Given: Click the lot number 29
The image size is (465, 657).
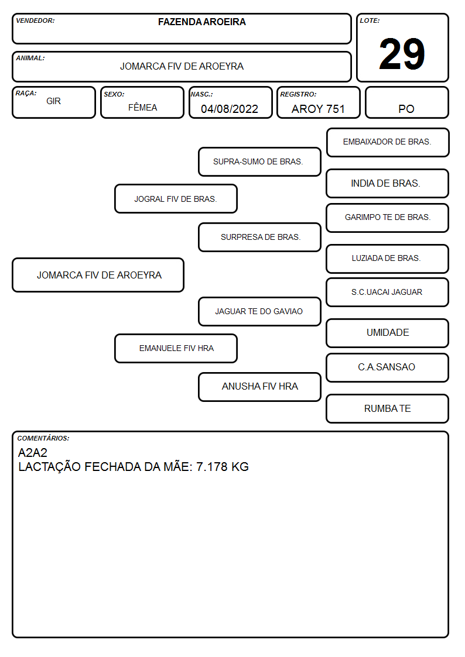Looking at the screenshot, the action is click(x=402, y=54).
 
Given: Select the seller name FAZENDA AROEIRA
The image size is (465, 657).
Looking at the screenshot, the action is click(x=201, y=22).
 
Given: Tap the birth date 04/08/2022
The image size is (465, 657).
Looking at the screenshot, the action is click(x=230, y=109).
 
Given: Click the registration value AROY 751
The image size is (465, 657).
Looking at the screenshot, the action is click(x=318, y=109).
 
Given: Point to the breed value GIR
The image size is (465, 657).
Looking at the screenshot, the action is click(x=54, y=101).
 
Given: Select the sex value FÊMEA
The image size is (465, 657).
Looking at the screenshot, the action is click(x=142, y=107).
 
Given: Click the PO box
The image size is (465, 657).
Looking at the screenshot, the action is click(x=406, y=102).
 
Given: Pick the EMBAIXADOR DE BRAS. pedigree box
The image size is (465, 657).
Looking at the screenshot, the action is click(x=388, y=143).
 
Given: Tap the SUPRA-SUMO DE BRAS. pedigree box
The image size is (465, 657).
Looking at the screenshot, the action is click(x=259, y=161).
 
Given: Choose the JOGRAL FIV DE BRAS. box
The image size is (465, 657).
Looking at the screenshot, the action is click(x=176, y=198).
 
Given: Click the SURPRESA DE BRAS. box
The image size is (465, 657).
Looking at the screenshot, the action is click(x=259, y=237).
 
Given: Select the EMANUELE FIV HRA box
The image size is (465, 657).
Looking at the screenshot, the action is click(x=176, y=348).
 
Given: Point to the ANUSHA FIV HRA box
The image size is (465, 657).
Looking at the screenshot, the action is click(x=259, y=387).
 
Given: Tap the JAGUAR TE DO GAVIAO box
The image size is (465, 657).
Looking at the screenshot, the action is click(x=259, y=311).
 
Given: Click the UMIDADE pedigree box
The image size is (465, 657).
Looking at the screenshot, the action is click(x=388, y=333).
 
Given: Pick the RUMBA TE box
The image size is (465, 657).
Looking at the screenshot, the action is click(x=388, y=408).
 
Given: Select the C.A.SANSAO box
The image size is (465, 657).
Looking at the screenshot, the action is click(x=388, y=367).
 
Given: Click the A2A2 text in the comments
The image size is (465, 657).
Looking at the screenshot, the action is click(x=33, y=452).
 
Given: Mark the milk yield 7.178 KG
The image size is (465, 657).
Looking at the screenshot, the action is click(x=222, y=467).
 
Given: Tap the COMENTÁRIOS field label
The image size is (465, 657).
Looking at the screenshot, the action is click(x=43, y=438).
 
